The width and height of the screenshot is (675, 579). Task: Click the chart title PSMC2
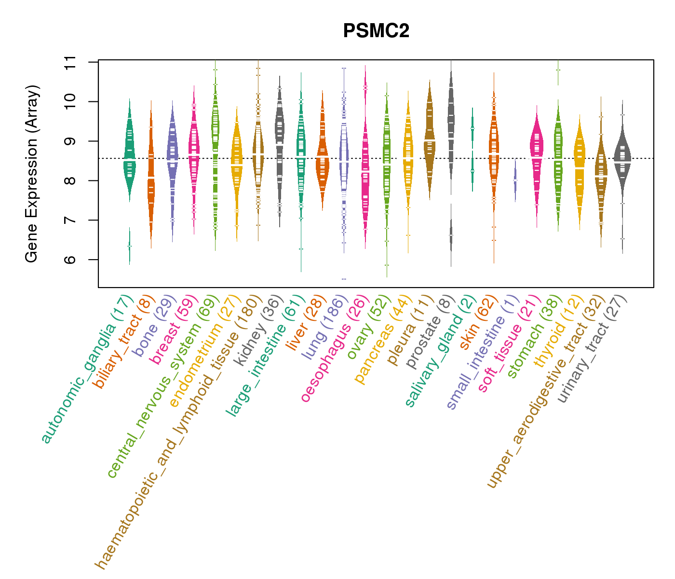(376, 31)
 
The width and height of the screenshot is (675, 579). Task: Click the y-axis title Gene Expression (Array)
(32, 174)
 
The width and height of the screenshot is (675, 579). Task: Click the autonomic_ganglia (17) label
(87, 369)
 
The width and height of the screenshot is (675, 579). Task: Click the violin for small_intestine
(515, 181)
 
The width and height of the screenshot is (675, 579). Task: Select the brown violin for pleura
(430, 140)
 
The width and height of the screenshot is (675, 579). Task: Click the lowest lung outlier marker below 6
(344, 279)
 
